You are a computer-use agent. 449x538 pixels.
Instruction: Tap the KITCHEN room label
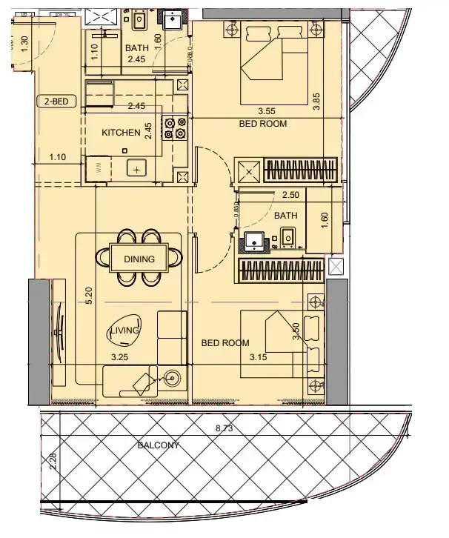pos(121,133)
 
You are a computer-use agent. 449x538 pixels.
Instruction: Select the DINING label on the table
pos(139,259)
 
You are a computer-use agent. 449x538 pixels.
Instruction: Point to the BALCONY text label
pos(160,446)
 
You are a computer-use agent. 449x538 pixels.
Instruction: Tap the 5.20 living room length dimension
pos(89,297)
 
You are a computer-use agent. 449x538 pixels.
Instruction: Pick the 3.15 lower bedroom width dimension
pos(256,357)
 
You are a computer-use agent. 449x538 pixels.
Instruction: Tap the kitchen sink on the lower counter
pos(137,167)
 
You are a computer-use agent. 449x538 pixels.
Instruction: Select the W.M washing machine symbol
pos(99,168)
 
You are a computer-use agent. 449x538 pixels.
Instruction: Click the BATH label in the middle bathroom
pos(285,216)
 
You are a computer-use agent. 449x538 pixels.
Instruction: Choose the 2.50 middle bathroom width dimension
pos(290,195)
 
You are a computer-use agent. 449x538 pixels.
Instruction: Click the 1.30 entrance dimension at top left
pos(24,44)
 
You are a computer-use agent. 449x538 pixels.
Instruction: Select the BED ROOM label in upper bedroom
pos(262,124)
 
